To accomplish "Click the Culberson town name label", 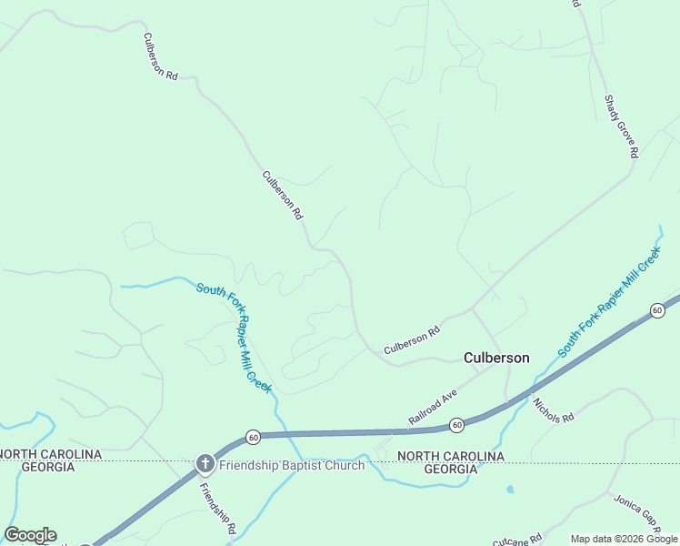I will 496,358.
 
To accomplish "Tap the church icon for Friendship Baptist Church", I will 205,464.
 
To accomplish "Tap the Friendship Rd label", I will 218,507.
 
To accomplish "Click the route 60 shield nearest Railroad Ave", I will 457,425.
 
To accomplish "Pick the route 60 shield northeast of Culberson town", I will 657,311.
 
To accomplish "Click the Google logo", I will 30,535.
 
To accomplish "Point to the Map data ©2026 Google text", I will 624,539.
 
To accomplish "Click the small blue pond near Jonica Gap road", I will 510,490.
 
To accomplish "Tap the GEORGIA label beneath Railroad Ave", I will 450,469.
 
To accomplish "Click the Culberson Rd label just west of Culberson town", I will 411,341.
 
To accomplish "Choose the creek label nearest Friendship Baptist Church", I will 235,337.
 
